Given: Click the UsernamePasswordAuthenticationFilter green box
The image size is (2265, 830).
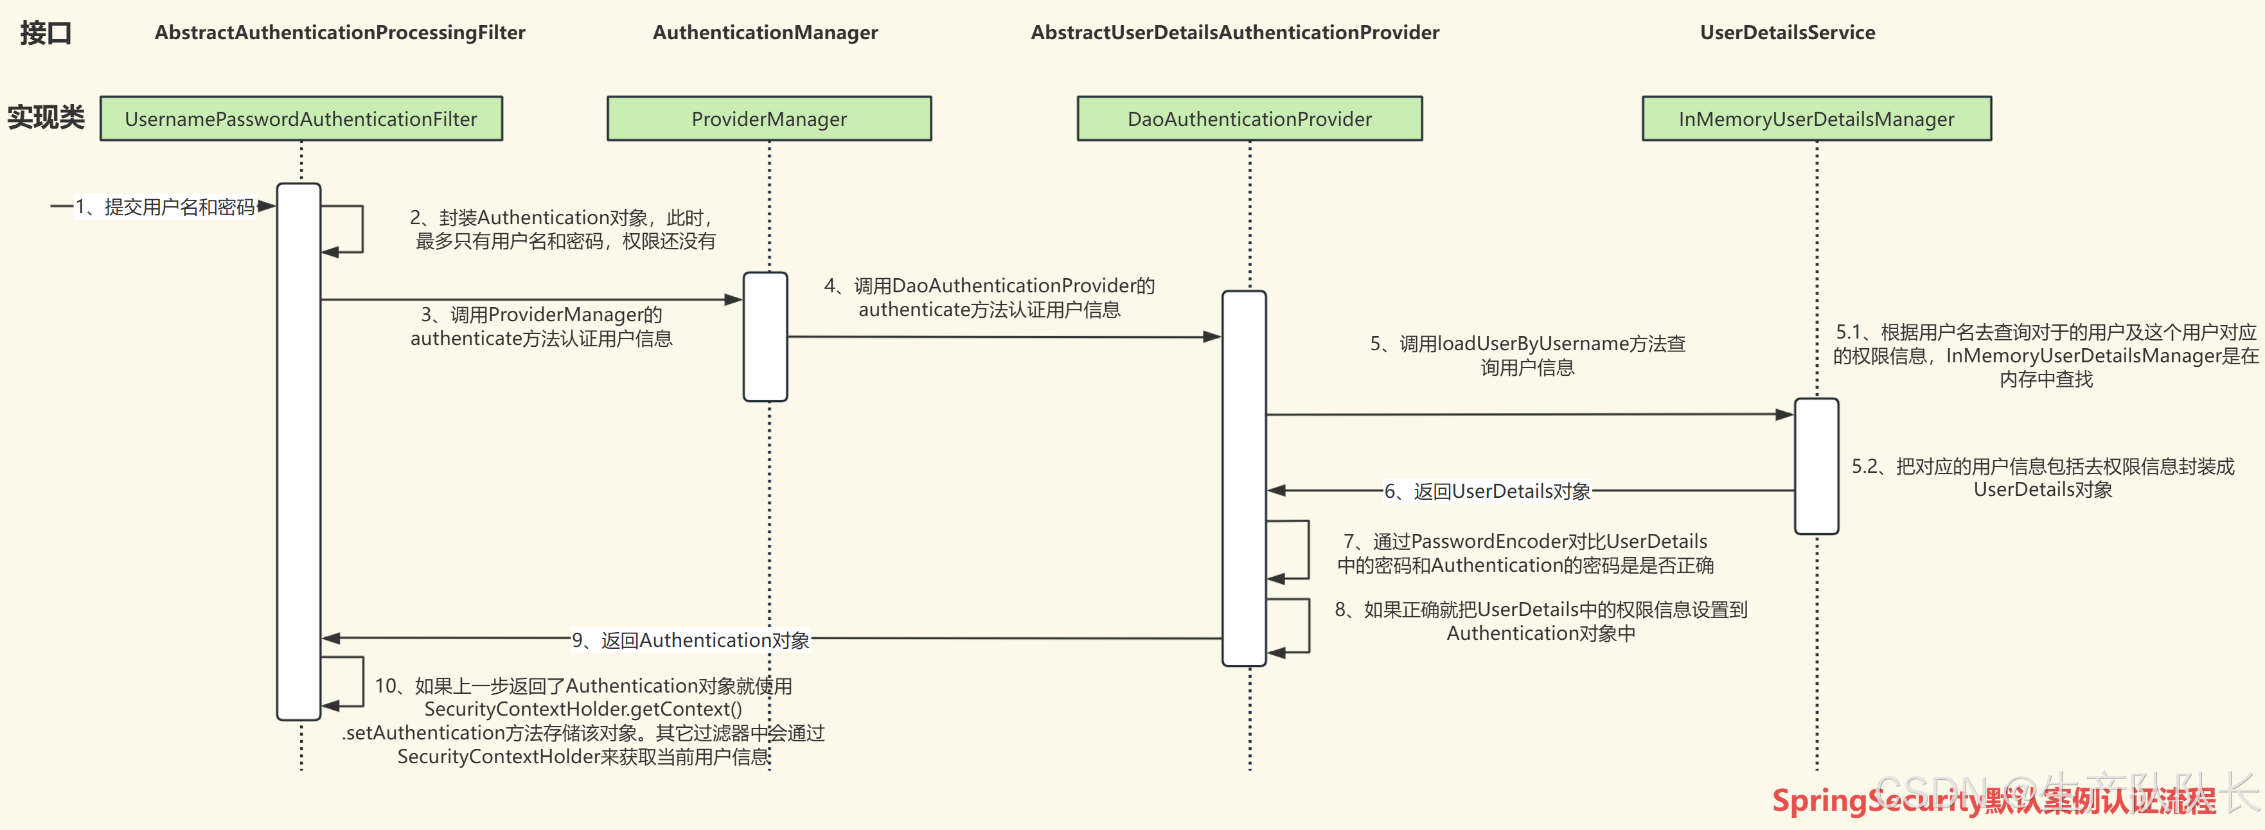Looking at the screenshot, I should [301, 119].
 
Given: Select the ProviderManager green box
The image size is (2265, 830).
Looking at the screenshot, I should [768, 119].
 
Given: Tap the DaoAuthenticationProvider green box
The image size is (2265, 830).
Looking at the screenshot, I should [1248, 119].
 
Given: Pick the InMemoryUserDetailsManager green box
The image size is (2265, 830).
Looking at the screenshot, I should [1816, 119].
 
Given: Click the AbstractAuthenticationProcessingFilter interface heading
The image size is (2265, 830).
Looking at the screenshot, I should [339, 33].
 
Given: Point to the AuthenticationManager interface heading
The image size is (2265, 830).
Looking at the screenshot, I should [765, 33].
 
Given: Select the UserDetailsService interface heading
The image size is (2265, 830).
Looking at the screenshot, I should [1787, 33].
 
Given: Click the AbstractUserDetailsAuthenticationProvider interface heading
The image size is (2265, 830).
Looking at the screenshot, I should [1234, 33].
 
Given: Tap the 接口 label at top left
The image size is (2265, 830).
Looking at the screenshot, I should [45, 33].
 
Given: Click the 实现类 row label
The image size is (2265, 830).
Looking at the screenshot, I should [46, 117].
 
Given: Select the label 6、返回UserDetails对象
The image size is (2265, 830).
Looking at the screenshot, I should [1488, 491].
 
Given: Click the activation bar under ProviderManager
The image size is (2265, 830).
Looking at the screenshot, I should [765, 337].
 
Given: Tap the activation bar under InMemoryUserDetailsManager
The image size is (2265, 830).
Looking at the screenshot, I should [1816, 466].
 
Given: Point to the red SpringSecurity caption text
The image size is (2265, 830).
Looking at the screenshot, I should [1991, 800].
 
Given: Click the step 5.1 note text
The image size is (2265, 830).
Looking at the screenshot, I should [2045, 355].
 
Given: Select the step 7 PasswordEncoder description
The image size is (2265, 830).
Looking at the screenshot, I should [1525, 553].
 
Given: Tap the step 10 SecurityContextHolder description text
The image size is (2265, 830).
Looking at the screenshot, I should [583, 721].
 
